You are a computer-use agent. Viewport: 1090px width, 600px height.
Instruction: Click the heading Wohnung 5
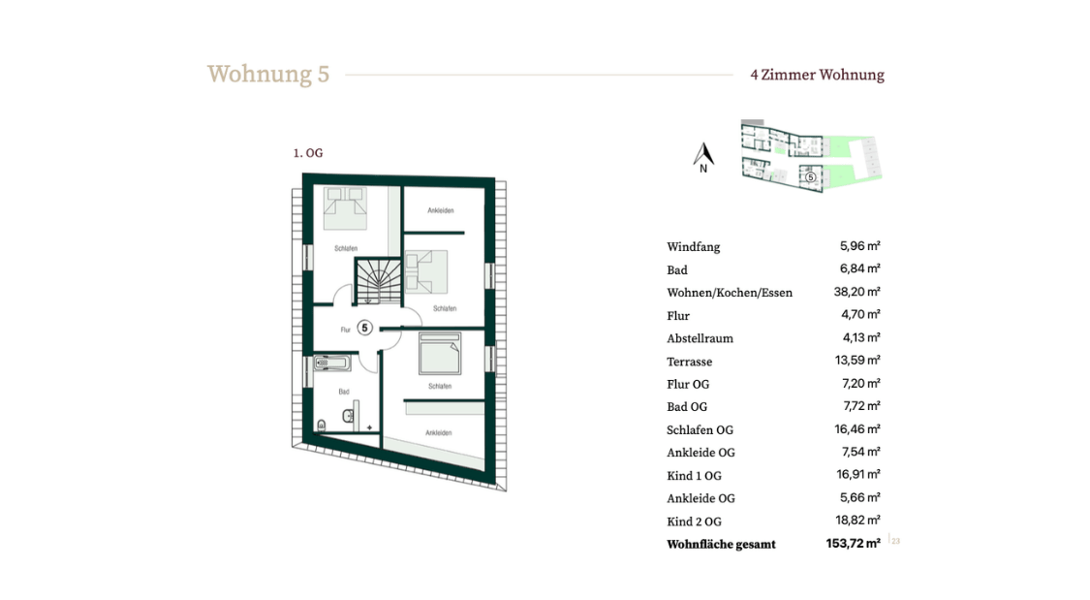tap(267, 75)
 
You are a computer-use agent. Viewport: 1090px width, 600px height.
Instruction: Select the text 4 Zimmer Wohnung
tap(818, 75)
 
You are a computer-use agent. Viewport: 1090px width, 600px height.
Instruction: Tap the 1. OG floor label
tap(308, 153)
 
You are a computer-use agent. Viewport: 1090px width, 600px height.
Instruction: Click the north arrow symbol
tap(703, 158)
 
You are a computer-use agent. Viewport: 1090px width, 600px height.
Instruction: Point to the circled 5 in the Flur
tap(365, 329)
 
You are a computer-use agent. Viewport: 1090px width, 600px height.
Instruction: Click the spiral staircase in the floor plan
tap(378, 280)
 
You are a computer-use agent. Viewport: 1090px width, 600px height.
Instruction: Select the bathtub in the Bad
tap(331, 363)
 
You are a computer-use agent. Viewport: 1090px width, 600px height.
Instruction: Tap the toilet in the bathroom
tap(321, 425)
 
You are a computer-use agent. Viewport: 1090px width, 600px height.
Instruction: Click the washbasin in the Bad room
tap(348, 417)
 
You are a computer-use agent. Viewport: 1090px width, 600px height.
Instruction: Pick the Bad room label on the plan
tap(344, 392)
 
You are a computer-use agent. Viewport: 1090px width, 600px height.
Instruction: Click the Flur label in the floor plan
tap(346, 330)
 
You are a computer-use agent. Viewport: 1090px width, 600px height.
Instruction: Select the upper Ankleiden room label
tap(441, 210)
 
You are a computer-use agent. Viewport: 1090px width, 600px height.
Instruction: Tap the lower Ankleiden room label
tap(439, 432)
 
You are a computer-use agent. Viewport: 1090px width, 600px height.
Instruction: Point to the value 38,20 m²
tap(857, 292)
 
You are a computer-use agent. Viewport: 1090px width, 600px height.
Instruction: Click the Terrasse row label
tap(690, 362)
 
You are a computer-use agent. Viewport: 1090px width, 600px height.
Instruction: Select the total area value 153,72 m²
tap(853, 543)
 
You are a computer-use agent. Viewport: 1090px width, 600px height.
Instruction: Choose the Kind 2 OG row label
tap(695, 521)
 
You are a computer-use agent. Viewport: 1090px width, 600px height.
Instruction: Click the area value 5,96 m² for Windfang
tap(860, 245)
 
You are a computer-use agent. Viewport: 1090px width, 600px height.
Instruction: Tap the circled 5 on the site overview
tap(811, 177)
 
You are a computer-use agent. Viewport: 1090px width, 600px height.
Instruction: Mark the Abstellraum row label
tap(700, 338)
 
